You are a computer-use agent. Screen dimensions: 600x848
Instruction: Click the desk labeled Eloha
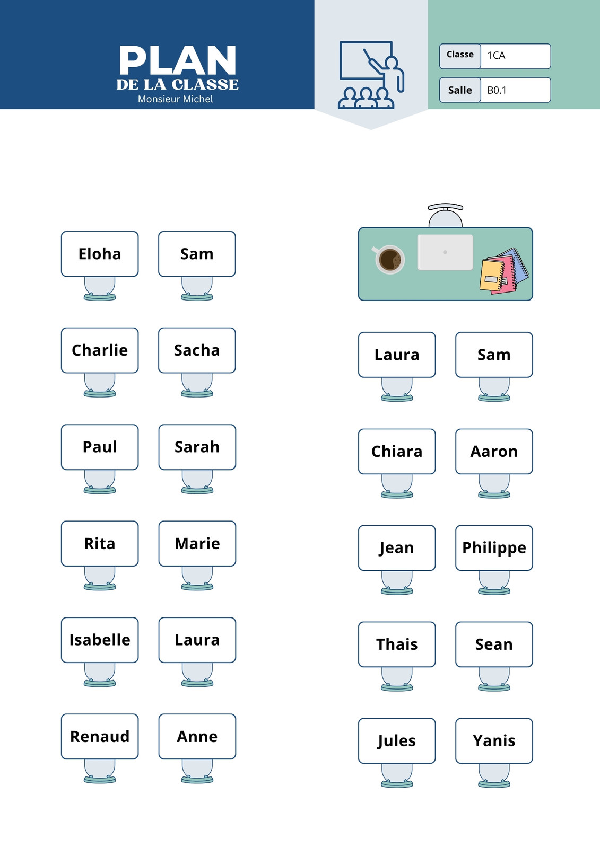100,254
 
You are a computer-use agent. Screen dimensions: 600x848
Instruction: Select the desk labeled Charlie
100,350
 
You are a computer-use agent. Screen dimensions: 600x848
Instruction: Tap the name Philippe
494,549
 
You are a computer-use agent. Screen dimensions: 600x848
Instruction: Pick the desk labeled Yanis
494,740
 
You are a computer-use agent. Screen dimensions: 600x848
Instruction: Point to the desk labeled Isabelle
100,640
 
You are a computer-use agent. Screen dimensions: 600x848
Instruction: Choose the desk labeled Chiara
397,451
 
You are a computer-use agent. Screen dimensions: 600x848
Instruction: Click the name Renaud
100,736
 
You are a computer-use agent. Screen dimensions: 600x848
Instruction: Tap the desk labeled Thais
397,644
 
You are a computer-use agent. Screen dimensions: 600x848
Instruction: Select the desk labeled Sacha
197,350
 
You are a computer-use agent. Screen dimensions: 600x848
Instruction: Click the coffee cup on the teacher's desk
389,259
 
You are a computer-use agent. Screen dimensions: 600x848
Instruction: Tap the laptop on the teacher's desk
445,252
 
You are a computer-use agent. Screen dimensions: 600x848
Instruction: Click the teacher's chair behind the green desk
445,215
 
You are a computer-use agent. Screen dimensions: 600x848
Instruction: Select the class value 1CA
496,56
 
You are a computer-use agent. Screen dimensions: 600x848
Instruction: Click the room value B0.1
497,90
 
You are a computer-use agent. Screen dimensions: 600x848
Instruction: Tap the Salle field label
460,90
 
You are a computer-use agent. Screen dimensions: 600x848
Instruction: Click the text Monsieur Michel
175,99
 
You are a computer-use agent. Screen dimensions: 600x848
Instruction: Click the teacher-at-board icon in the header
371,75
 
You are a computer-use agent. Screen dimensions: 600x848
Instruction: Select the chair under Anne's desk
197,771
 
